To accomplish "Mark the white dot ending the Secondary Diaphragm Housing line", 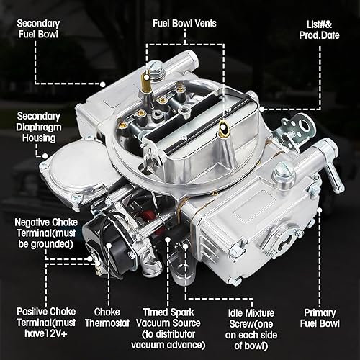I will (45, 154).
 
